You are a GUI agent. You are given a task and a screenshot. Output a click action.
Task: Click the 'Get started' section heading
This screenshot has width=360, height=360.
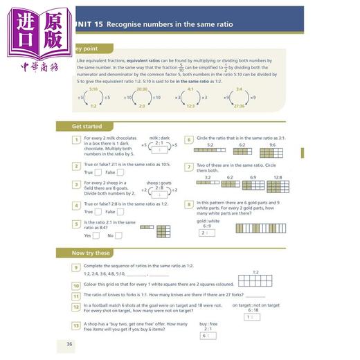tap(87, 127)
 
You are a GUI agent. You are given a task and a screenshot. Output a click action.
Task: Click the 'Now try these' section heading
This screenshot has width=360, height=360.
tap(91, 253)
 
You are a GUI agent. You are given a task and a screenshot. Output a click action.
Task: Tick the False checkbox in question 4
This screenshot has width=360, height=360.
tap(120, 212)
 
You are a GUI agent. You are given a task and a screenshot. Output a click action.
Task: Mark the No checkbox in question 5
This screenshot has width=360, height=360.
tap(119, 235)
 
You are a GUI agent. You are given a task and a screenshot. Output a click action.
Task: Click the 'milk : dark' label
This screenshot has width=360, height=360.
tap(159, 138)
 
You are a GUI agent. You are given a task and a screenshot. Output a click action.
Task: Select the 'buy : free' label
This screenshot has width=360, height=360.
tap(208, 323)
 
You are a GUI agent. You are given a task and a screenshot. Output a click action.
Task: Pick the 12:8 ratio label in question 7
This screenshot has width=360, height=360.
tap(277, 177)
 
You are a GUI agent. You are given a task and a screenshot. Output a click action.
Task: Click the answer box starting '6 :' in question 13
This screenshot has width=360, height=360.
tap(208, 335)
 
